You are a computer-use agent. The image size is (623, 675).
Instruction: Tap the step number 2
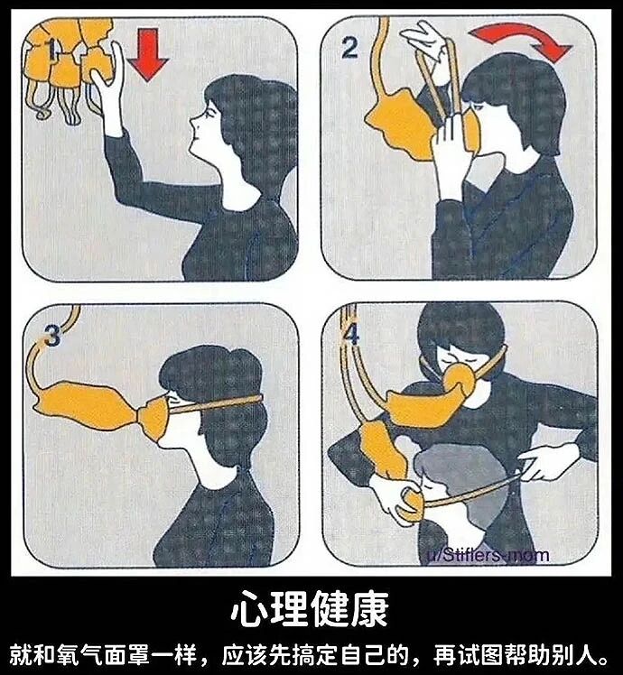tap(349, 48)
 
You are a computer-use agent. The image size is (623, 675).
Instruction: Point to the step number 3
tap(53, 336)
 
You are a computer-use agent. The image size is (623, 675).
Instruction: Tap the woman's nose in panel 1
tap(193, 125)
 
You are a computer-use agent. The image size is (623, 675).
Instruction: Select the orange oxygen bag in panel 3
tap(85, 406)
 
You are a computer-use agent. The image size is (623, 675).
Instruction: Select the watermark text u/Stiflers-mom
tap(488, 554)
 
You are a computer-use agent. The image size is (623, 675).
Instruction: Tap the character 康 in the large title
tap(369, 609)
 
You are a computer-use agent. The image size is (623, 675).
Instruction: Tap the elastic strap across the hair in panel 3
tap(216, 404)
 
